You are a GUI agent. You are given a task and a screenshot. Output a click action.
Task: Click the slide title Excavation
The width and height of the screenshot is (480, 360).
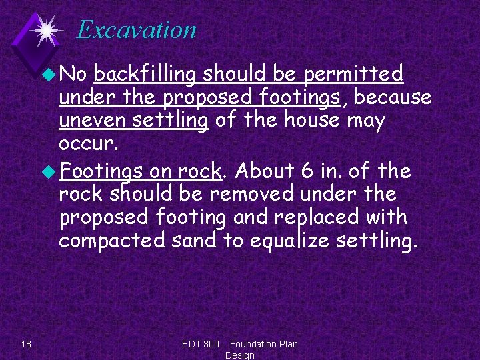[x=136, y=29]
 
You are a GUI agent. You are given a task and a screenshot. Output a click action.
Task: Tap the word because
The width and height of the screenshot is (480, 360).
[x=393, y=98]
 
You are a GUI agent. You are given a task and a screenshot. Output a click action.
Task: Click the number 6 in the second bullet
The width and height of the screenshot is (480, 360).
[x=307, y=171]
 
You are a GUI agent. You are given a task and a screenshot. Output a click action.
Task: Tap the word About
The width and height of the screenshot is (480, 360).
[x=265, y=171]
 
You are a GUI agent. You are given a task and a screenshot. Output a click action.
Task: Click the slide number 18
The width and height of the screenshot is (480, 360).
[x=26, y=344]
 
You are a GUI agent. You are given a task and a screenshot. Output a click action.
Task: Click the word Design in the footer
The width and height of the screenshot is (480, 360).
[x=240, y=355]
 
